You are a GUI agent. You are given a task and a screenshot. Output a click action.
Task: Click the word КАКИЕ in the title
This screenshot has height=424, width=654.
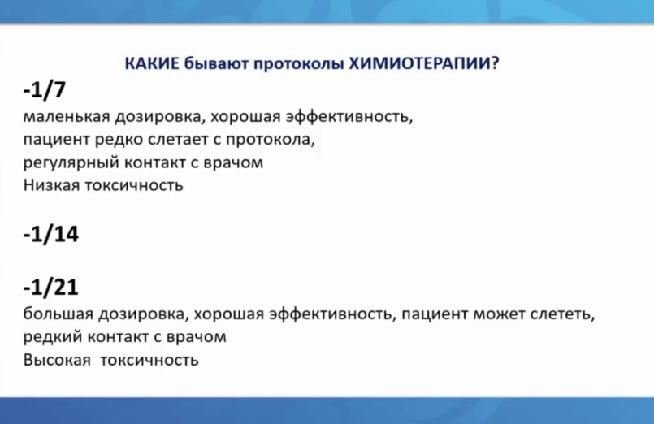(152, 63)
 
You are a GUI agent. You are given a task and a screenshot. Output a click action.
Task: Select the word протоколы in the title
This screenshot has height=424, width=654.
(299, 64)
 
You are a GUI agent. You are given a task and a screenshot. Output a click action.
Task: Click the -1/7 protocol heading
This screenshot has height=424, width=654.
(45, 89)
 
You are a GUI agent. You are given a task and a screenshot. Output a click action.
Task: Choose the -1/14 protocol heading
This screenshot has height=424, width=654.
(51, 234)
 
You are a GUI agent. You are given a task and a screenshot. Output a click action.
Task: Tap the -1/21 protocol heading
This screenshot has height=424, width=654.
(51, 287)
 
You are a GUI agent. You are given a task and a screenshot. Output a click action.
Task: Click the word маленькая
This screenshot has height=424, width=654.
(67, 116)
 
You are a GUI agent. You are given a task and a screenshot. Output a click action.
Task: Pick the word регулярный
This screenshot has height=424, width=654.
(71, 162)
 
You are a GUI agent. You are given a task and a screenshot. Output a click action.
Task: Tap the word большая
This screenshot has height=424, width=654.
(58, 313)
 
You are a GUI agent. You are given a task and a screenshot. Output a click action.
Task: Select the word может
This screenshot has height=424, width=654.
(499, 314)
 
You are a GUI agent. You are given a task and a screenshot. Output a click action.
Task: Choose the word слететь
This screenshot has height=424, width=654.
(561, 314)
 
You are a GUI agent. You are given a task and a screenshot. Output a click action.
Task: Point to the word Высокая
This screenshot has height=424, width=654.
(57, 359)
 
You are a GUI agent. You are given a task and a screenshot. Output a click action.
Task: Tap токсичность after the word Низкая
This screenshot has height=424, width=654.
(134, 185)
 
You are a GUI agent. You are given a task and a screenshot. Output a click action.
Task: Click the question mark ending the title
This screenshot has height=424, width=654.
(495, 63)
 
